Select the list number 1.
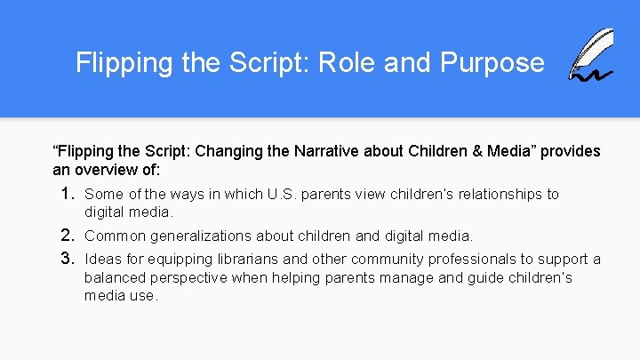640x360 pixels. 68,194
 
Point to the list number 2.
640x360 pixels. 68,236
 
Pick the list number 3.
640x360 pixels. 68,259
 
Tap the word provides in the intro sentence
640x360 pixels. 571,151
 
